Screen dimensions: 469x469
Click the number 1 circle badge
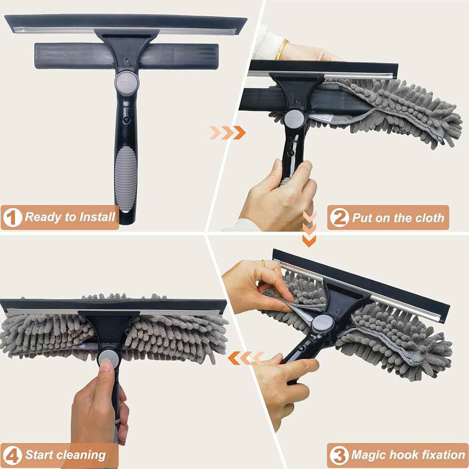tap(13, 218)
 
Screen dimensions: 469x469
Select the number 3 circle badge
tap(339, 455)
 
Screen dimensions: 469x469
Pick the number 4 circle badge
tap(13, 455)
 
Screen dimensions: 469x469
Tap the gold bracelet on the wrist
tap(281, 50)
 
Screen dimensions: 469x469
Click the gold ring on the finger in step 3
tap(264, 263)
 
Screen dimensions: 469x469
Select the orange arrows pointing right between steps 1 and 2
tap(227, 133)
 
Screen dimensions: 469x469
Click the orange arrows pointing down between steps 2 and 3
tap(309, 229)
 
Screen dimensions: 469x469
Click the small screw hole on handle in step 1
tap(126, 120)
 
